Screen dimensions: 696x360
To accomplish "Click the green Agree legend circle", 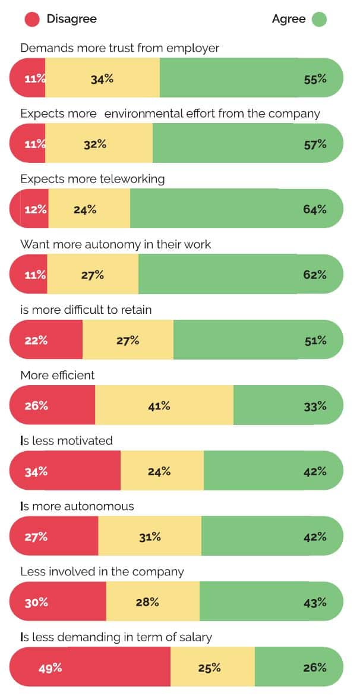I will (319, 19).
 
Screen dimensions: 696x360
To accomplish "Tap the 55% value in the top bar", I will (315, 78).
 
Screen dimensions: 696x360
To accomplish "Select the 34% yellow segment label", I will (102, 78).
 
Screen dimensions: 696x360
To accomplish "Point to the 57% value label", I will (315, 144).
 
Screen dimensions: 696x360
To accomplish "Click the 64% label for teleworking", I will (315, 209).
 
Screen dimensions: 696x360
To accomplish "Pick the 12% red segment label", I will (36, 209).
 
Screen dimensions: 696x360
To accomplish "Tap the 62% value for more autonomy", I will (315, 275).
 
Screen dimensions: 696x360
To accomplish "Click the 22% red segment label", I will (36, 341).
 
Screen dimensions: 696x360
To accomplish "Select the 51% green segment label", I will (315, 341).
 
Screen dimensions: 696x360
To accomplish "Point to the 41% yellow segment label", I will (159, 406).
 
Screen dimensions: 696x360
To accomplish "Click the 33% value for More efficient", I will (315, 406).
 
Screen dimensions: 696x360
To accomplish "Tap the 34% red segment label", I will (36, 471).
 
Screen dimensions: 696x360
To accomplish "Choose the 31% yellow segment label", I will (150, 537).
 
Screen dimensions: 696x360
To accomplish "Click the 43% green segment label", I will (315, 602).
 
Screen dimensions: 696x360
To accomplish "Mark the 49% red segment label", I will (50, 667).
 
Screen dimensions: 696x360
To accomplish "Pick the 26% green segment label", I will (315, 667).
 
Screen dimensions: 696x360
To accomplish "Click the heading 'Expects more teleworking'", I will (93, 179).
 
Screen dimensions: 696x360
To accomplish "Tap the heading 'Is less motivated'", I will (67, 440).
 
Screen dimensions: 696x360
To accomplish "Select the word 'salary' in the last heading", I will (196, 638).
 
